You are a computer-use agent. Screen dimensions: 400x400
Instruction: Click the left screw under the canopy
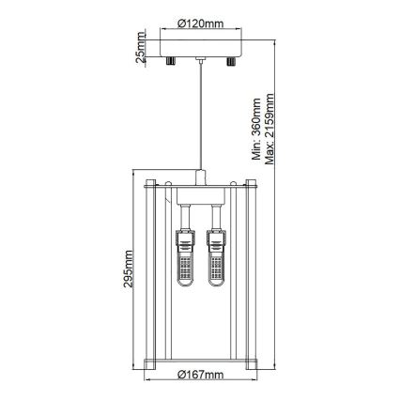coord(171,61)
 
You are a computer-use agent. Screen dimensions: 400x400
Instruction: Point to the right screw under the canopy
coord(230,61)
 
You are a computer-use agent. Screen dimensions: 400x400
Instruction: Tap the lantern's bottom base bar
coord(200,360)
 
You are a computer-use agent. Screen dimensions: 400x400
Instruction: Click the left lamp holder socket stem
coord(187,223)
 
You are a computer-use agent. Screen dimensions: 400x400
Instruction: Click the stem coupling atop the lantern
coord(200,178)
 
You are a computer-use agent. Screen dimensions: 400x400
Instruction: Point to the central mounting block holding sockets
coord(200,208)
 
